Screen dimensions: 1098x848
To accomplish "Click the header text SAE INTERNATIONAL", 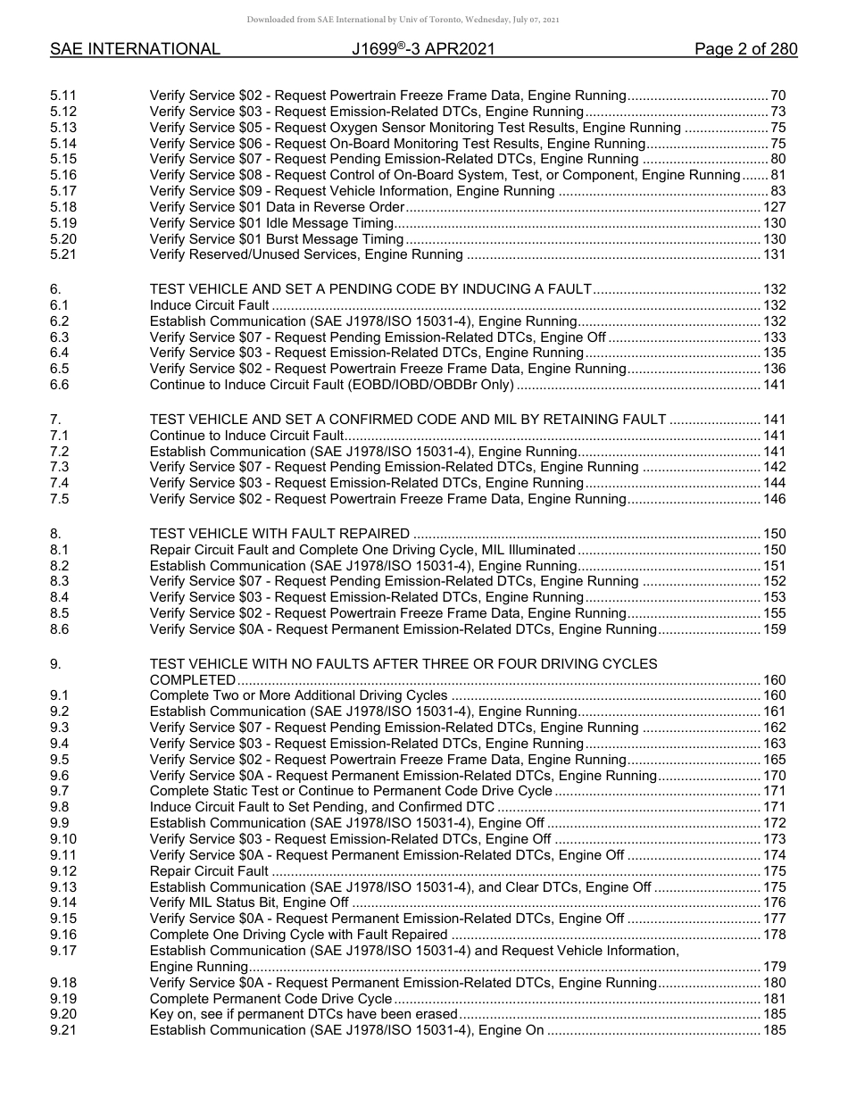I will [x=135, y=50].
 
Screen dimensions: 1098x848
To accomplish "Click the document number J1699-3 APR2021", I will [x=424, y=50].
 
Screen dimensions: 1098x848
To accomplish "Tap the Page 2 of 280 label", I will [x=745, y=50].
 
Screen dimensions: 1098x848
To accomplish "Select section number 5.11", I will [x=63, y=95].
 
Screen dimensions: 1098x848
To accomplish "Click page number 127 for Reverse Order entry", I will [x=774, y=207].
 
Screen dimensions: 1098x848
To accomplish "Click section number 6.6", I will [x=60, y=385].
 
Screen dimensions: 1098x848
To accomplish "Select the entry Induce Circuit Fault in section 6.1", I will [x=209, y=305].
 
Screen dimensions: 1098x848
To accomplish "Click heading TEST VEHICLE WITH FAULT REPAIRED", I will [x=279, y=534].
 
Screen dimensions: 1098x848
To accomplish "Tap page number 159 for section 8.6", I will [x=774, y=629].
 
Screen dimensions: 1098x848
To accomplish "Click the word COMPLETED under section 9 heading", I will [x=193, y=680].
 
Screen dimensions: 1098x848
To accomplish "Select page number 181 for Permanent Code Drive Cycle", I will [x=774, y=999].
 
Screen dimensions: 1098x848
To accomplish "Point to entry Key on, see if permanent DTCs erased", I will [x=303, y=1015].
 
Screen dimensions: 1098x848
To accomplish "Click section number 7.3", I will [x=60, y=467].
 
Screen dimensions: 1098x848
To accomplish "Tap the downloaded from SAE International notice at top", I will [x=424, y=20].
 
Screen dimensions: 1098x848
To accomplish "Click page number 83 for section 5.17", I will [x=777, y=191].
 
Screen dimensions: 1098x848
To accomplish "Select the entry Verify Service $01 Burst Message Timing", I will [x=277, y=239].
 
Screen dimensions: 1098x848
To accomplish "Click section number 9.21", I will [x=63, y=1031].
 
